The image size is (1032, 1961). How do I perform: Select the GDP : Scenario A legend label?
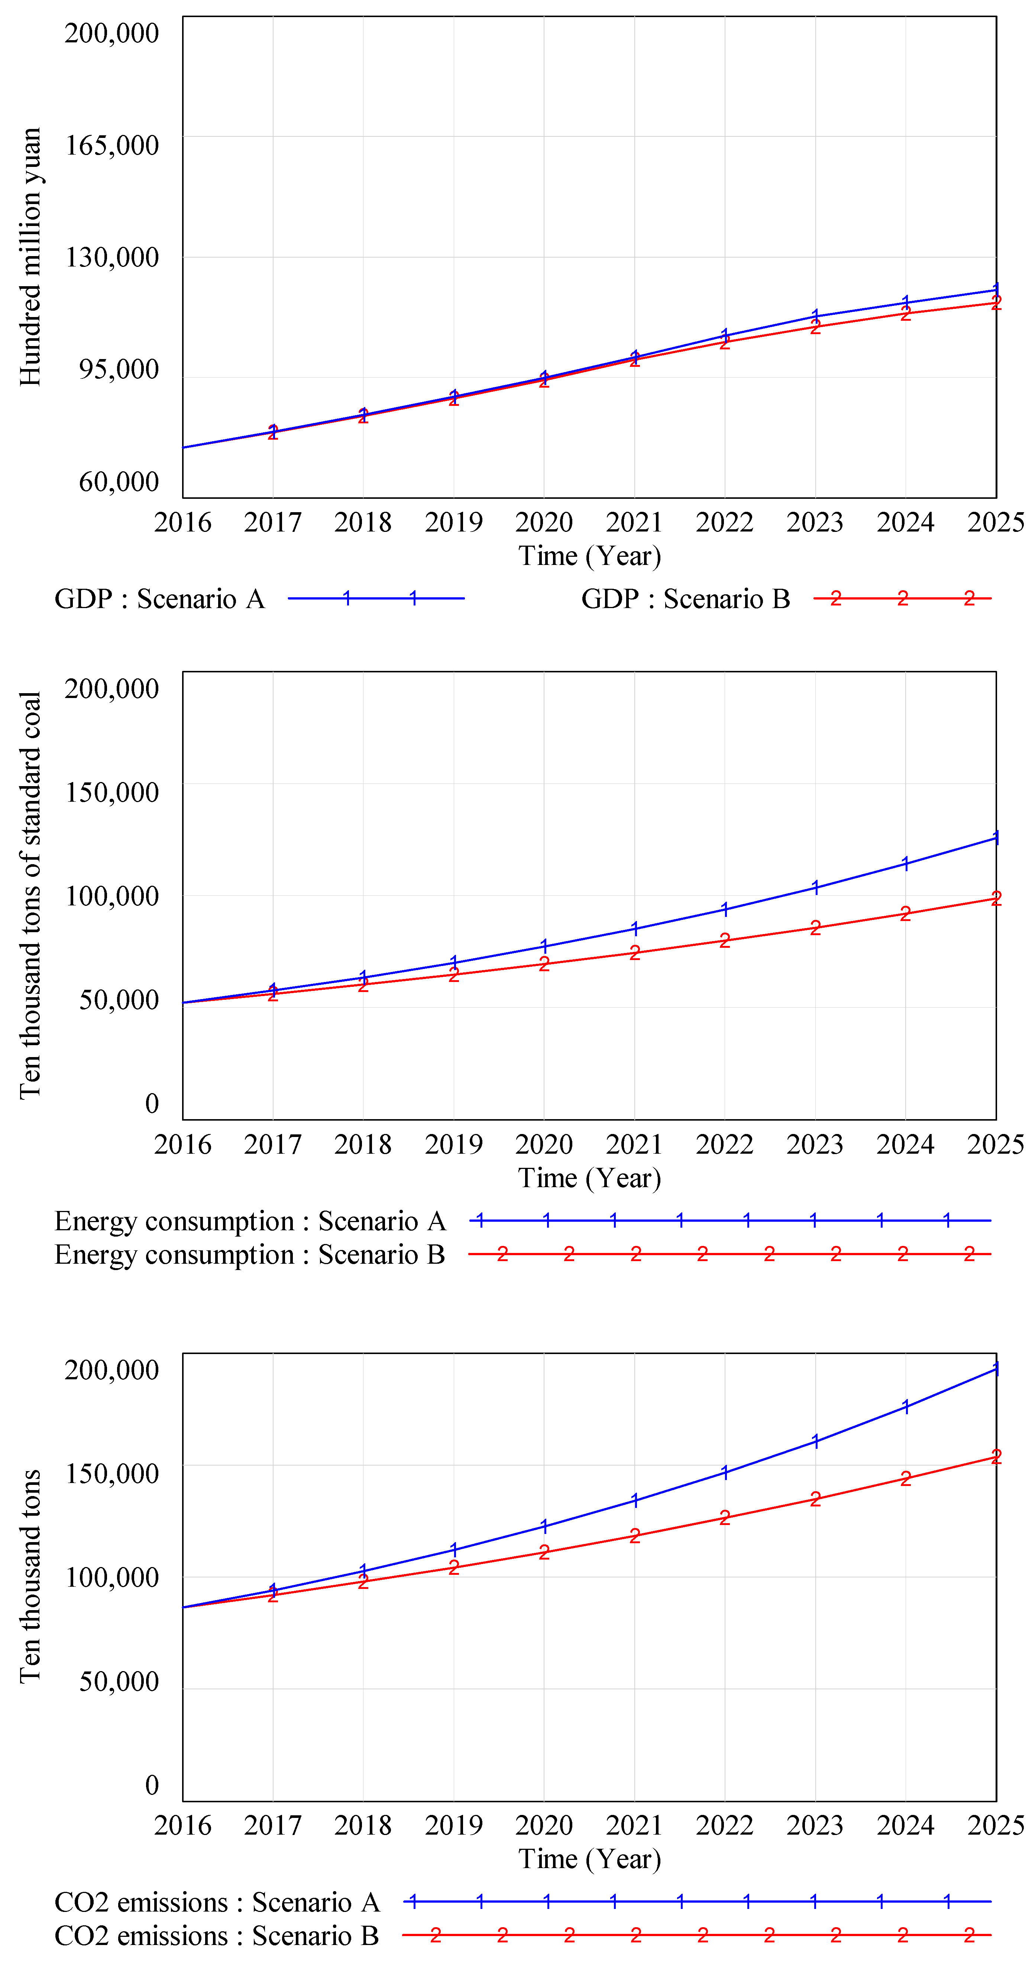click(159, 599)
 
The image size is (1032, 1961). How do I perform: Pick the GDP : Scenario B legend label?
click(685, 599)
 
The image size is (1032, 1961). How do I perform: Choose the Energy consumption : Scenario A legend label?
click(250, 1221)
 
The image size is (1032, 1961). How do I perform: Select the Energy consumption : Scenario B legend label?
click(250, 1254)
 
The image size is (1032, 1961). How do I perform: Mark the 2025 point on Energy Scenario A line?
click(996, 837)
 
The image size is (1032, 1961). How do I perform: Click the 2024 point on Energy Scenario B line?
click(905, 914)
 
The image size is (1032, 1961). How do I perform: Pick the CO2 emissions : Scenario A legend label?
click(217, 1902)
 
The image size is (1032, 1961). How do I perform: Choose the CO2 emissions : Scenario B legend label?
click(217, 1936)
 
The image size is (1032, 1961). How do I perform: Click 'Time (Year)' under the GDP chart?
click(590, 556)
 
